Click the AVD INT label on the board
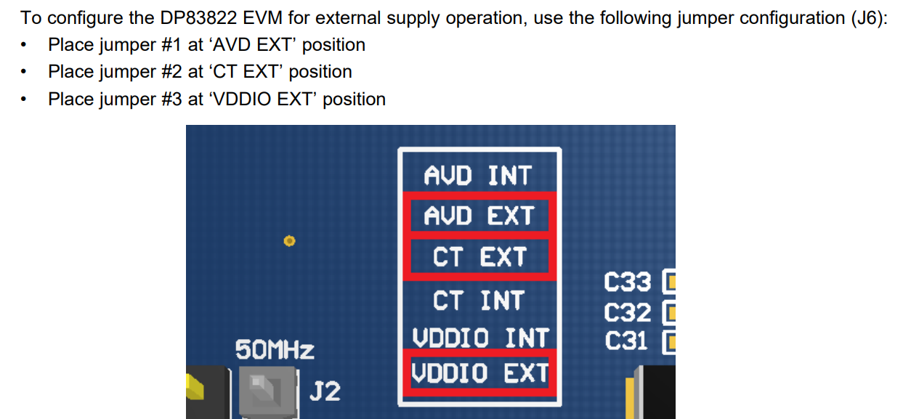point(478,176)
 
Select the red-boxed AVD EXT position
point(479,216)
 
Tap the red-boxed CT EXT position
point(479,258)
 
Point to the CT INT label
point(478,301)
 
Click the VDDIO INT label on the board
point(480,338)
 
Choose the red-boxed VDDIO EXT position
point(479,373)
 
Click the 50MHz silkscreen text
point(275,350)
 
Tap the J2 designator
point(325,391)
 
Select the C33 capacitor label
point(627,282)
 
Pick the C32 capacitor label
point(627,312)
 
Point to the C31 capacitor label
point(626,341)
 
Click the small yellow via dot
point(289,240)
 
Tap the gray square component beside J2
point(267,392)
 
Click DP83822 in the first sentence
point(198,17)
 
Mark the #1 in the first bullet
point(171,45)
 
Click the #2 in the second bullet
point(171,72)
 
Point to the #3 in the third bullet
point(171,99)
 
